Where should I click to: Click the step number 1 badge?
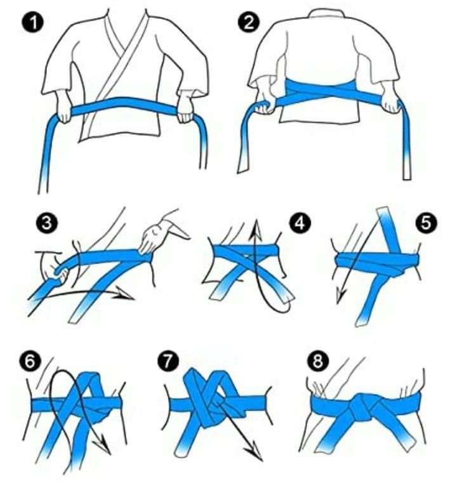coord(32,23)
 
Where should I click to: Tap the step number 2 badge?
coord(249,23)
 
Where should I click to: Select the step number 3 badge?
coord(46,223)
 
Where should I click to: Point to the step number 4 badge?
coord(300,223)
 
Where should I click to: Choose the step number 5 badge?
coord(427,223)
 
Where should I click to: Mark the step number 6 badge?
coord(30,361)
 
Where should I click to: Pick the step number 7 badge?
coord(168,361)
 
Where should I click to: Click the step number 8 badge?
coord(317,361)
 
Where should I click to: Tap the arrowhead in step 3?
coord(126,295)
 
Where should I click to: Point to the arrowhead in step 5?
coord(340,296)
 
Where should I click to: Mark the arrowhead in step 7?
coord(255,452)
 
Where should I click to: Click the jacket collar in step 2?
coord(326,13)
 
